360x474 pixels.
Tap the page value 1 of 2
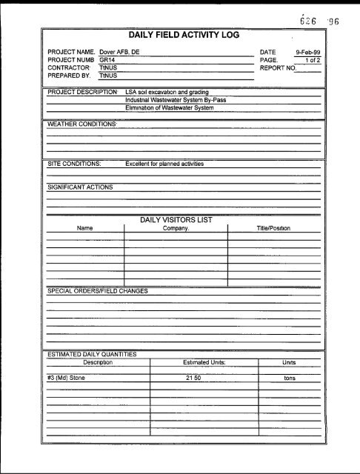[312, 60]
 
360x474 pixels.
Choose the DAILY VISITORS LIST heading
[181, 219]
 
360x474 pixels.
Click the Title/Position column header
[274, 228]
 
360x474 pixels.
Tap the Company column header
[176, 228]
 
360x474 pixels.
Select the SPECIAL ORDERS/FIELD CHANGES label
[97, 290]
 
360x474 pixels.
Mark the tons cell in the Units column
[290, 378]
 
